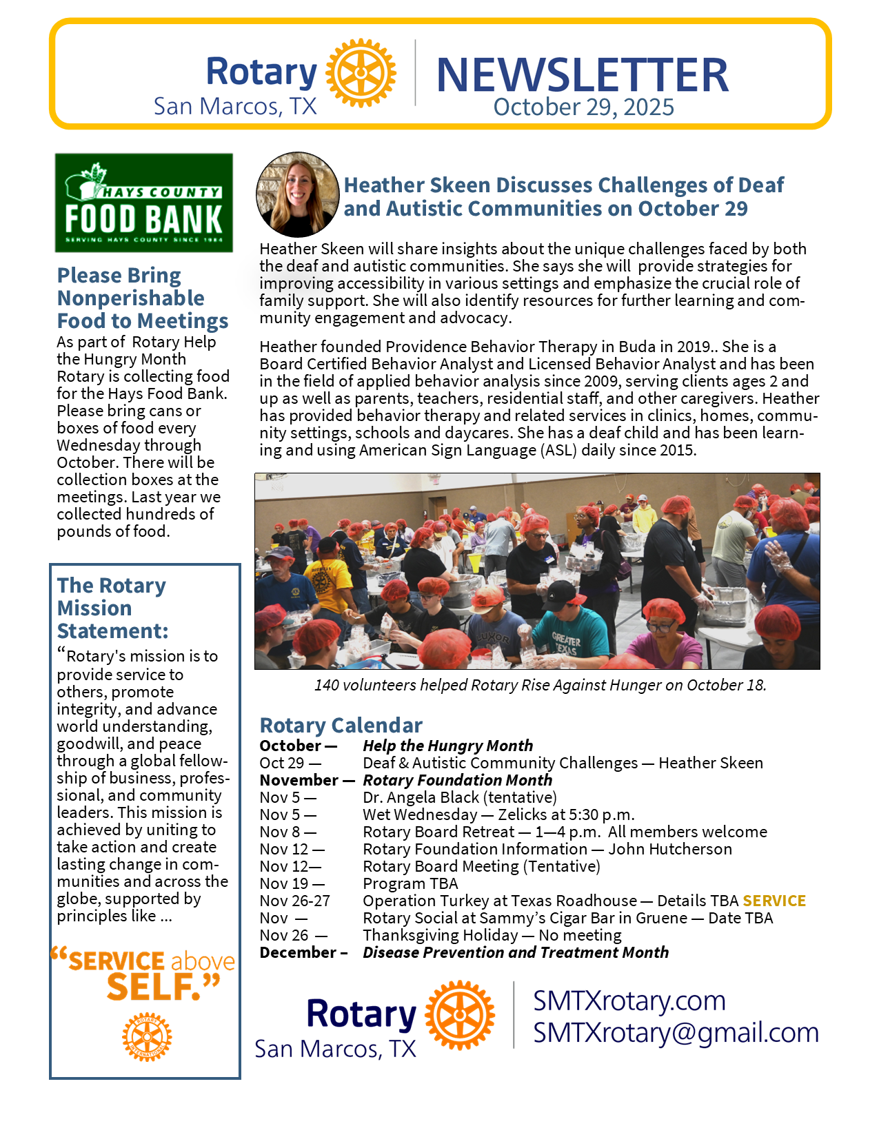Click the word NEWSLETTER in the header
(583, 74)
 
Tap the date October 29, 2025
(583, 107)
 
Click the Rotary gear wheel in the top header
(361, 73)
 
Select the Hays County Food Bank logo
(144, 203)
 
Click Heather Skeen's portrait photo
(298, 194)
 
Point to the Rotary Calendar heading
(341, 725)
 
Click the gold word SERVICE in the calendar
(774, 901)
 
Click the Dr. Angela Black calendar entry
(460, 797)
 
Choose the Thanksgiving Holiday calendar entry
(492, 935)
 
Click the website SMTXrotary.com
(629, 1001)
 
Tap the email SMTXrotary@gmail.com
(676, 1032)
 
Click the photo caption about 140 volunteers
(540, 685)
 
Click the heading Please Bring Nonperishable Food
(142, 298)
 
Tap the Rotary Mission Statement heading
(112, 608)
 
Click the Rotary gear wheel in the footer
(460, 1015)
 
